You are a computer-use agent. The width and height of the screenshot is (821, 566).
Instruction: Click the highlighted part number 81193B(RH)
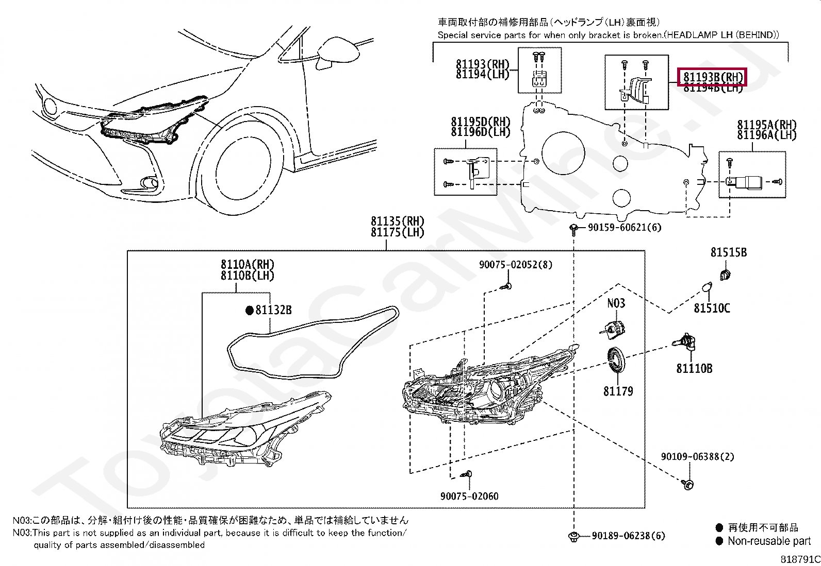pyautogui.click(x=713, y=77)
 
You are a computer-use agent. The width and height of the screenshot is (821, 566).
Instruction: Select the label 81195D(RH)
pyautogui.click(x=480, y=122)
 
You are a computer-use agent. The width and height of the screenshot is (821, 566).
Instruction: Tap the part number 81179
pyautogui.click(x=618, y=391)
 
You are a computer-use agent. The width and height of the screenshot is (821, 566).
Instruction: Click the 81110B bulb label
pyautogui.click(x=694, y=368)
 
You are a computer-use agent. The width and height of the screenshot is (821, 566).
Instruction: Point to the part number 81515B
pyautogui.click(x=728, y=252)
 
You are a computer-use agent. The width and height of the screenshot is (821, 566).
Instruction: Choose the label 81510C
pyautogui.click(x=712, y=308)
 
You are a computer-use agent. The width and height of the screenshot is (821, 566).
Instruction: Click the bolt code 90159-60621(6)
pyautogui.click(x=624, y=227)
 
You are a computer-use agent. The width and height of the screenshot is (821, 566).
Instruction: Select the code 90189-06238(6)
pyautogui.click(x=628, y=536)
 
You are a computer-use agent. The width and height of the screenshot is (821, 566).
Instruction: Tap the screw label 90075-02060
pyautogui.click(x=469, y=496)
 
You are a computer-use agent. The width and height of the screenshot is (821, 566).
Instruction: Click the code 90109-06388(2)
pyautogui.click(x=697, y=456)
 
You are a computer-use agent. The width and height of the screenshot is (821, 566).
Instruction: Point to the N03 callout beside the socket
pyautogui.click(x=616, y=303)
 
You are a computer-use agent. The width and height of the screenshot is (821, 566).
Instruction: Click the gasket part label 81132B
pyautogui.click(x=273, y=310)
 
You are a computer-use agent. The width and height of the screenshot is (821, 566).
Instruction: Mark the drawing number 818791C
pyautogui.click(x=800, y=559)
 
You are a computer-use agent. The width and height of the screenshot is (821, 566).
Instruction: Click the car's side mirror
pyautogui.click(x=338, y=52)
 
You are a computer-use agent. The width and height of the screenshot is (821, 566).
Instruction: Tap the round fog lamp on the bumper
pyautogui.click(x=149, y=182)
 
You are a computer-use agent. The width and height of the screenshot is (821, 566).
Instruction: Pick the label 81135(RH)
pyautogui.click(x=397, y=221)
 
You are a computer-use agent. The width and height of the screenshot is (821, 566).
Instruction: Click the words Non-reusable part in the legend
pyautogui.click(x=769, y=541)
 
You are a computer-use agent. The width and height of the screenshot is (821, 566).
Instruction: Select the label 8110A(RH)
pyautogui.click(x=247, y=264)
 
